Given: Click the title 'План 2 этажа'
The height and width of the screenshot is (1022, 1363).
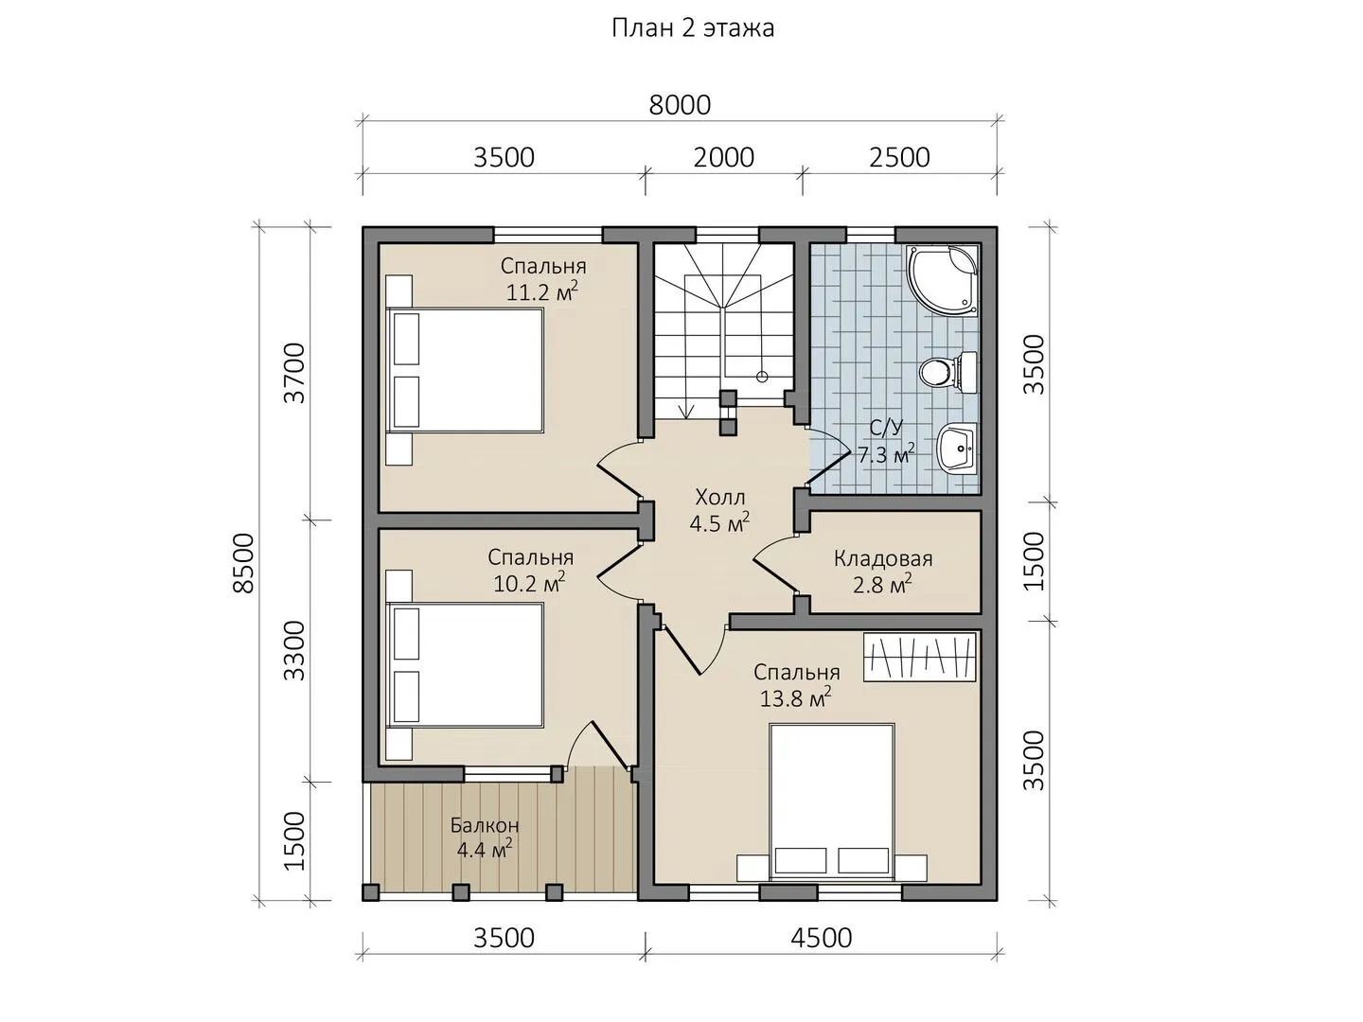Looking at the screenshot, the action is click(x=692, y=28).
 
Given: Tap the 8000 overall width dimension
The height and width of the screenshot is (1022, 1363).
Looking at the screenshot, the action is click(x=680, y=105).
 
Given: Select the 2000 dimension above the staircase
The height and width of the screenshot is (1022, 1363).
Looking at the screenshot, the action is click(x=723, y=158).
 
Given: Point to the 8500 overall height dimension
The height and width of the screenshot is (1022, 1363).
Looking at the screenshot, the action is click(x=244, y=563).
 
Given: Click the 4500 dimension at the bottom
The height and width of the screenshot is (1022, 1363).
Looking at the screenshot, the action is click(x=821, y=938).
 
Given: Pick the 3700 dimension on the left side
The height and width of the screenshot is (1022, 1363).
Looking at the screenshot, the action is click(x=295, y=373).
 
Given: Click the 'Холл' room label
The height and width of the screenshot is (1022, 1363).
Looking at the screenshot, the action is click(x=719, y=497).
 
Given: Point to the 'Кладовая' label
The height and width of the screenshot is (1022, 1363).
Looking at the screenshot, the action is click(x=882, y=558).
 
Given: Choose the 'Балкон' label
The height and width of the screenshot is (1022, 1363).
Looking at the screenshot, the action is click(x=485, y=825).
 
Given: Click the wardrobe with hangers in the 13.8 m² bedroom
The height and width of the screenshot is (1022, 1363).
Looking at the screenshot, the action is click(x=920, y=658).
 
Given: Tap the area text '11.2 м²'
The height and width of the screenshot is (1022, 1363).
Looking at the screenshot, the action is click(x=542, y=291).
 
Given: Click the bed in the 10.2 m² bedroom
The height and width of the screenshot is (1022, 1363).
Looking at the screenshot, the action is click(x=465, y=664).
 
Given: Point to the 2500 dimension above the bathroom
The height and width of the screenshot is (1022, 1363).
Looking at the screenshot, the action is click(x=899, y=158).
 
